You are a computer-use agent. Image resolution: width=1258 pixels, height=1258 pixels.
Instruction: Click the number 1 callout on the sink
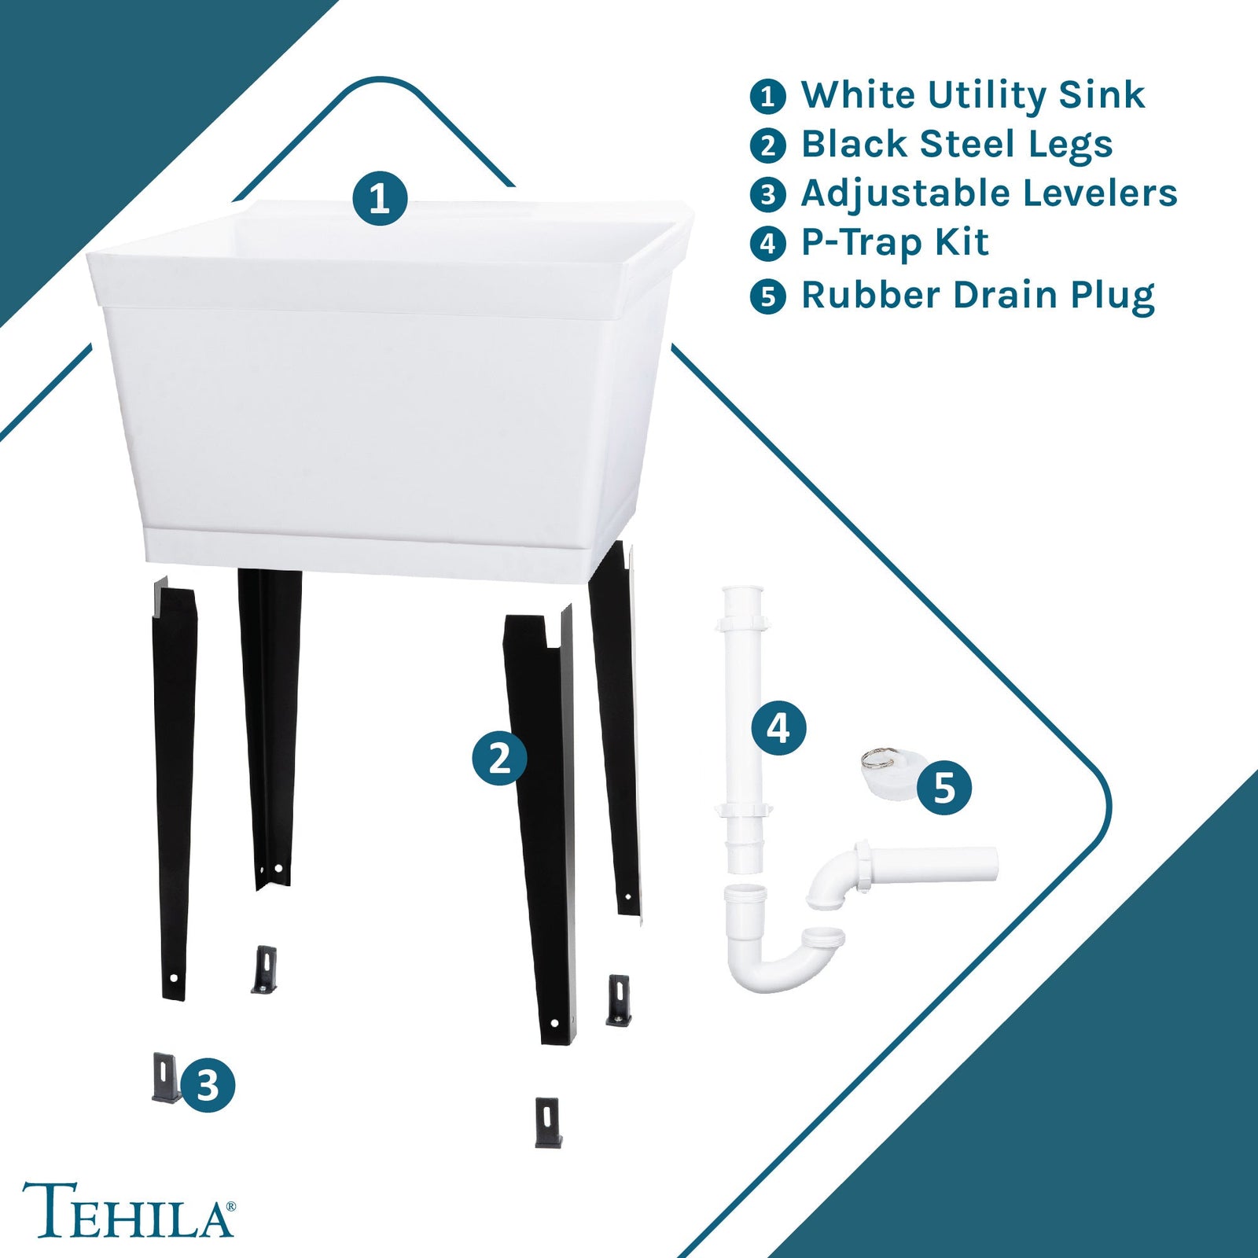[380, 198]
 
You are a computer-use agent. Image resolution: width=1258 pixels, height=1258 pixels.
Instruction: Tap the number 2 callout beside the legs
[500, 758]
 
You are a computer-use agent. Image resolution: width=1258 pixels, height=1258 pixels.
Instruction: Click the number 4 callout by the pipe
[778, 728]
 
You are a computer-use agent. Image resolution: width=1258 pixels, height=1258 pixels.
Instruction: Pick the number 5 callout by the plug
[944, 788]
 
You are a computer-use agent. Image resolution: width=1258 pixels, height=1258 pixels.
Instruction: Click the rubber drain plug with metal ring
[887, 774]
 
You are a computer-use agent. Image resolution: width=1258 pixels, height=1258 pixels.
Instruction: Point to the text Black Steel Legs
[956, 145]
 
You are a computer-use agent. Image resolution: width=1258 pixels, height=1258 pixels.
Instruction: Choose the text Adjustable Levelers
[988, 194]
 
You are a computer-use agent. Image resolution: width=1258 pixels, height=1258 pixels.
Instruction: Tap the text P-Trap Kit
[894, 243]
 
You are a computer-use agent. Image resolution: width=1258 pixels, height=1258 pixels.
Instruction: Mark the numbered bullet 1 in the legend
[768, 97]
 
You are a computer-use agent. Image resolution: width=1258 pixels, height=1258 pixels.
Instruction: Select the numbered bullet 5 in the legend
[768, 297]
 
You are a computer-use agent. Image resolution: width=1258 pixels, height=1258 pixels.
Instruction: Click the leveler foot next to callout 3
[165, 1078]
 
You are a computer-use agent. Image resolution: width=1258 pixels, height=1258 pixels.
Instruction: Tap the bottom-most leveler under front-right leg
[548, 1122]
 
